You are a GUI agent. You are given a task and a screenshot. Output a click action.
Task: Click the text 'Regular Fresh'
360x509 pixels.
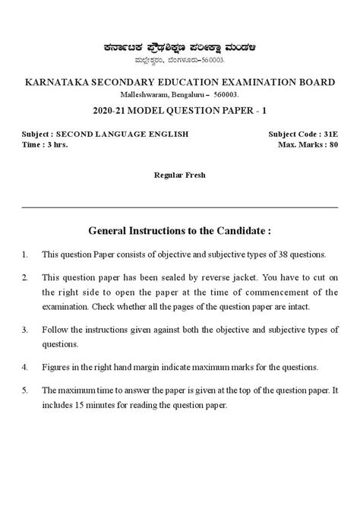coord(179,174)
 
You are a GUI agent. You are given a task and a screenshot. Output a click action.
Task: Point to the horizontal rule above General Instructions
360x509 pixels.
coord(180,207)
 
